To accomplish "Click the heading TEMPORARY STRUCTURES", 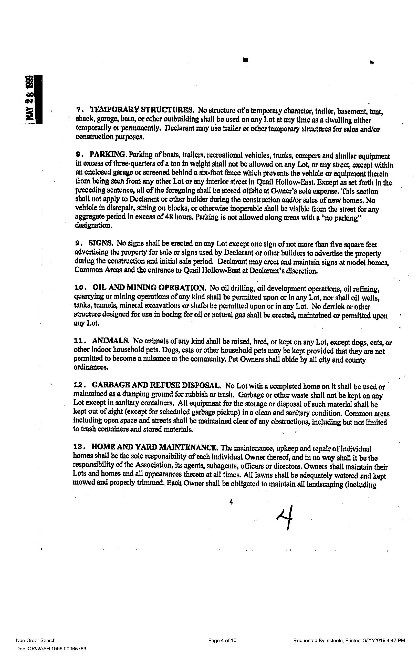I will tap(142, 110).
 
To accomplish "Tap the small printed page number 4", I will tap(231, 502).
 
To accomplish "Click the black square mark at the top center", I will tap(246, 60).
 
